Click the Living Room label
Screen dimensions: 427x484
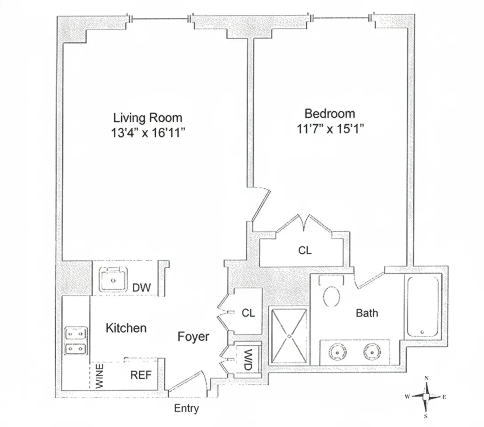[x=148, y=118]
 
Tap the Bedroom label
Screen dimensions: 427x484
[x=330, y=113]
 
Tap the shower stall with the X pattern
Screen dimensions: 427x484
[x=288, y=336]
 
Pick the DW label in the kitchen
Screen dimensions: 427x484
[x=141, y=288]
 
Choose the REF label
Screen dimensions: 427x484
[x=141, y=375]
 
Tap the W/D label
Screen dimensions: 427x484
[x=248, y=359]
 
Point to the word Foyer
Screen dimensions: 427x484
[x=193, y=337]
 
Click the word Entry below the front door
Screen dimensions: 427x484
[x=186, y=408]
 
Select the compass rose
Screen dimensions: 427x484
[x=426, y=397]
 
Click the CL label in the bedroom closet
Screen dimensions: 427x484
[x=305, y=250]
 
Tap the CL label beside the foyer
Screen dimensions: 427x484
[x=248, y=313]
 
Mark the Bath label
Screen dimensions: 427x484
[x=367, y=313]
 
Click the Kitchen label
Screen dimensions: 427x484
[x=126, y=328]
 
